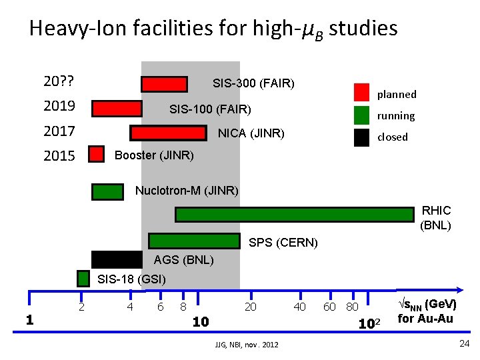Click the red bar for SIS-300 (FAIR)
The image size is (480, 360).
(x=164, y=84)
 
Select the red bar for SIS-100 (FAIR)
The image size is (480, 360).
(x=117, y=109)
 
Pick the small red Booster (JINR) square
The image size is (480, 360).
(x=97, y=155)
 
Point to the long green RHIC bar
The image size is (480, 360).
(x=294, y=215)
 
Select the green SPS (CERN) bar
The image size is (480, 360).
(x=193, y=241)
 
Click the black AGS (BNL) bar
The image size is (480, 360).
(x=117, y=259)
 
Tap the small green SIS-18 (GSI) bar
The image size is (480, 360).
(x=83, y=278)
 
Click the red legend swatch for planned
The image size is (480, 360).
(x=361, y=92)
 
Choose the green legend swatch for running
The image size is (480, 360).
(x=361, y=115)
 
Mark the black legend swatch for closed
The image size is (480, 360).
(x=361, y=137)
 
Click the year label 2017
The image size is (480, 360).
(x=59, y=131)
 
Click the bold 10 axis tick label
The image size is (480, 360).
(x=201, y=323)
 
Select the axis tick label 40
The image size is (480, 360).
(x=300, y=307)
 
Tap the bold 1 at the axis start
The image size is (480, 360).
(x=29, y=320)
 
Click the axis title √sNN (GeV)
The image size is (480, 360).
(x=426, y=305)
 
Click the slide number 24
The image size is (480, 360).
(x=465, y=343)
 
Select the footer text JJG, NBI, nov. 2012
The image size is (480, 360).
(x=243, y=344)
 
